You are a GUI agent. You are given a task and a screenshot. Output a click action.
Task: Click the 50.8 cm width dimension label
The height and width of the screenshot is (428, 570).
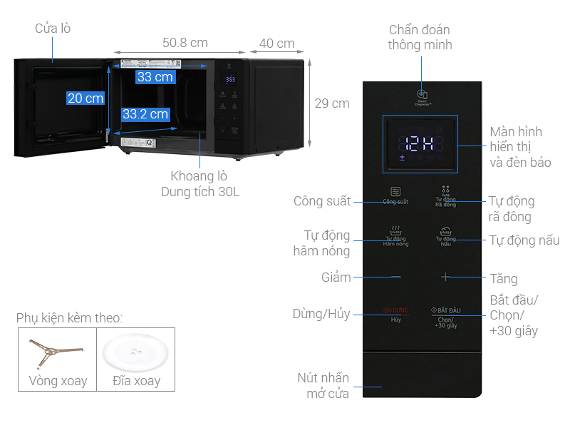coord(185,43)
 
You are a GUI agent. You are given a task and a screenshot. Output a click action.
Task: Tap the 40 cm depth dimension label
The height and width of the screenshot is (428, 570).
coord(276,43)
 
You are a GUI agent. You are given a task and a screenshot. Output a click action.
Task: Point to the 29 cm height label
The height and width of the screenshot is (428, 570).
coord(332,103)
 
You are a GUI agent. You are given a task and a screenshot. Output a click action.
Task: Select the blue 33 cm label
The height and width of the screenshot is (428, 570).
coord(155,77)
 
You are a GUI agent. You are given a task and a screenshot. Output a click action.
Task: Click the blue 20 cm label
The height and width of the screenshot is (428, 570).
coord(85,98)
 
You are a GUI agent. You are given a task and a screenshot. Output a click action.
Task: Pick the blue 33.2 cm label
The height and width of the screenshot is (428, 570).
coord(145,114)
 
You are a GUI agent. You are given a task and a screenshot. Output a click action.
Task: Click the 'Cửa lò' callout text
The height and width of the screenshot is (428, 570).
coord(53,29)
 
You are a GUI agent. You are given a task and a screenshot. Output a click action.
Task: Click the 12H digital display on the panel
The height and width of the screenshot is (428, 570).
coord(420,143)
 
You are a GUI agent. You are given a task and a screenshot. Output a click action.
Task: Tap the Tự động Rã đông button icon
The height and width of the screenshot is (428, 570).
coord(445,190)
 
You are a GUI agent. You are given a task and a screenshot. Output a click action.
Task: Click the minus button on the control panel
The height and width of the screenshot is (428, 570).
coord(395,276)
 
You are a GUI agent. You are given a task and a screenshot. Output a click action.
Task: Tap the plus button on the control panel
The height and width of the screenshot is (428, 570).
coord(445,276)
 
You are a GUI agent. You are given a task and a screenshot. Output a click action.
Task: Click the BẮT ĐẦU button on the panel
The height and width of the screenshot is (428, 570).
coord(445,311)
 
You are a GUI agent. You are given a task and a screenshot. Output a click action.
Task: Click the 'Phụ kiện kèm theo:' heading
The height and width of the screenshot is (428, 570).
coord(69,317)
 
